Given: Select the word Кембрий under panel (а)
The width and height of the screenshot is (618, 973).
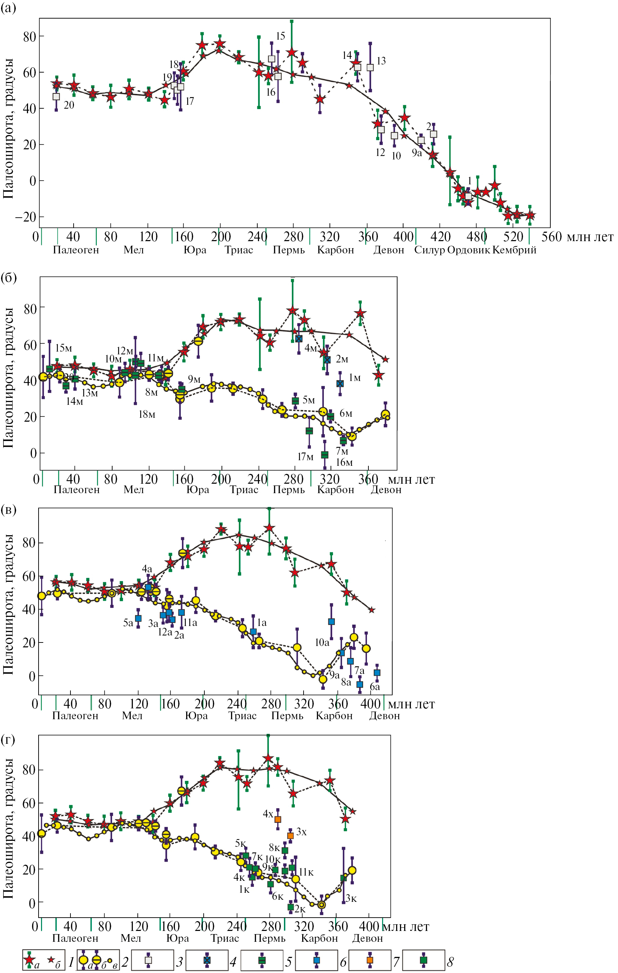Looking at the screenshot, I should point(514,250).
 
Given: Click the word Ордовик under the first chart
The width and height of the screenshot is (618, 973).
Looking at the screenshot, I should point(468,250).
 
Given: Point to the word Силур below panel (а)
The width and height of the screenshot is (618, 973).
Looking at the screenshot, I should point(430,250).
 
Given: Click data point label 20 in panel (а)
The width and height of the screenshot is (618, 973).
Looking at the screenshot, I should point(69,106).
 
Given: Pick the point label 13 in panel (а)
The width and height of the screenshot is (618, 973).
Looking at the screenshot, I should point(381,61).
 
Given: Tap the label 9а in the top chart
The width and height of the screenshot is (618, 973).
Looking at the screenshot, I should point(417,153).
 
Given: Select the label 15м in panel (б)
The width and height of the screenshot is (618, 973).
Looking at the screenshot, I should point(63,348).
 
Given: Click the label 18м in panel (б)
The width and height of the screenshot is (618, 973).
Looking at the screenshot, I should point(147,415).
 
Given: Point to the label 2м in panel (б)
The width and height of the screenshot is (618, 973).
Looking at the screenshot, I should point(342,359).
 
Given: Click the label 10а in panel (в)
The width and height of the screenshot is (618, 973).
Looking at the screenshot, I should point(322,642).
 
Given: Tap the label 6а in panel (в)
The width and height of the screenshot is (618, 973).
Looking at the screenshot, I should point(375,687).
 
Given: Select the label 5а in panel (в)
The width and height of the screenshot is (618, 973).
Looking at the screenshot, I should point(128,623).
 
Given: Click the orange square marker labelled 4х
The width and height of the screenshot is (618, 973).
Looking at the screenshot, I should point(278,819).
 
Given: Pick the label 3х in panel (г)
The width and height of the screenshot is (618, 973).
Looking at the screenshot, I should point(301,832).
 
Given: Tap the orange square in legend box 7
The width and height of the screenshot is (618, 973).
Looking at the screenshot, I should point(370,960).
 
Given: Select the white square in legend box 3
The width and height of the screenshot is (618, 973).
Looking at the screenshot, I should point(148,960).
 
